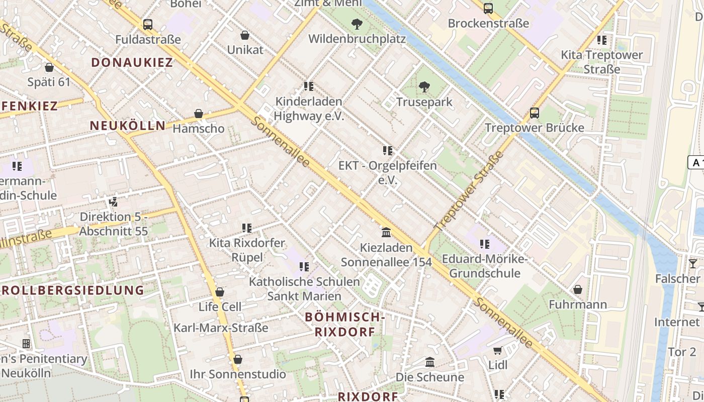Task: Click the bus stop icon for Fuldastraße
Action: click(147, 24)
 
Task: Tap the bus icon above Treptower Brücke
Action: click(534, 113)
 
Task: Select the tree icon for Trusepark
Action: click(424, 87)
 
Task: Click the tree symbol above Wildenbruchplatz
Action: click(357, 24)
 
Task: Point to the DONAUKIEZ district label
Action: click(132, 62)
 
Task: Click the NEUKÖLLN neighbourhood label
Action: click(128, 126)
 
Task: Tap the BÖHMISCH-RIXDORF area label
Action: click(345, 324)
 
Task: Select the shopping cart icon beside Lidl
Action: click(497, 350)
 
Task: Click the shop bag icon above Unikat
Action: click(245, 35)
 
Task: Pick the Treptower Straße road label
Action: click(468, 191)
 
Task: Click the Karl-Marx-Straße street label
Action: click(221, 328)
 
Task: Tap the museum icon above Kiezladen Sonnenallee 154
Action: click(386, 232)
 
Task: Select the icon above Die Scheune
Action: click(429, 362)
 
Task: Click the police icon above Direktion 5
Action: click(114, 202)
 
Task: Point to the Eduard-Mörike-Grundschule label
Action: click(484, 266)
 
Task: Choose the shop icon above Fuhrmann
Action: click(578, 289)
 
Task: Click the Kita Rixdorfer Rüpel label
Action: click(247, 250)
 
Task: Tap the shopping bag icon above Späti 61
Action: click(49, 67)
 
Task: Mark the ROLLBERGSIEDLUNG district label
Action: click(72, 290)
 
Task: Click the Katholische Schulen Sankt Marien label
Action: click(304, 288)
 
